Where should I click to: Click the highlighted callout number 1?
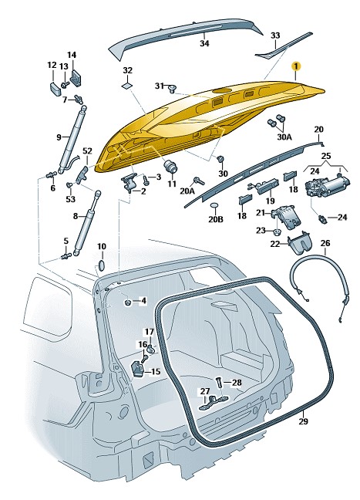point(296,66)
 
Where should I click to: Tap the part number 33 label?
point(275,35)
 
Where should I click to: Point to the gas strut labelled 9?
point(72,138)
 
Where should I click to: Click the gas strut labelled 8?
point(86,222)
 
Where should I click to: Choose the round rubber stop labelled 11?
point(171,167)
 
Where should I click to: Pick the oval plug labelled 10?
point(101,265)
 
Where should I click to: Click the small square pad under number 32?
point(127,85)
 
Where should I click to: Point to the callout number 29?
point(304,421)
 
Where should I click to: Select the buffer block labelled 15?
point(138,369)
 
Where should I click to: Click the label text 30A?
point(284,137)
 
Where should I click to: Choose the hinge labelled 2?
point(130,183)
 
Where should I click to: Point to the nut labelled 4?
point(128,302)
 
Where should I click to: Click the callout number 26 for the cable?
point(325,243)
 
